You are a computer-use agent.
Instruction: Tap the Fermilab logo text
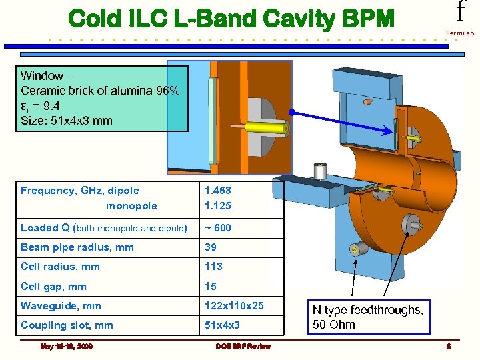pos(461,32)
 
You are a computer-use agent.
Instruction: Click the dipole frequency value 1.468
pos(219,191)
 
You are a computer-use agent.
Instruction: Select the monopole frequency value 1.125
pos(219,206)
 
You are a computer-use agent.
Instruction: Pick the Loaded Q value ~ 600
pos(218,227)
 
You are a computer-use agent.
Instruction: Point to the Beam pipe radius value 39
pos(211,247)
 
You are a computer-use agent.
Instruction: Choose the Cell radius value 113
pos(214,267)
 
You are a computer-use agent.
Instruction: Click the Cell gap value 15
pos(211,287)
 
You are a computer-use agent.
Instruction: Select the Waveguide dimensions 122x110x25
pos(234,306)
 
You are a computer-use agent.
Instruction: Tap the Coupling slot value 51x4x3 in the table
pos(223,325)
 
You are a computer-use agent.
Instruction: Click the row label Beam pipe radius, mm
pos(77,247)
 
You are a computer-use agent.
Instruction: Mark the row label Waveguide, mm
pos(61,306)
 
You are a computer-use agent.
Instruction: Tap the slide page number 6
pos(449,346)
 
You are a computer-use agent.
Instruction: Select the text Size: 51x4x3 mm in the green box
pos(67,120)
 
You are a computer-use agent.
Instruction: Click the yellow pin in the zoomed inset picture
pos(263,127)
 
